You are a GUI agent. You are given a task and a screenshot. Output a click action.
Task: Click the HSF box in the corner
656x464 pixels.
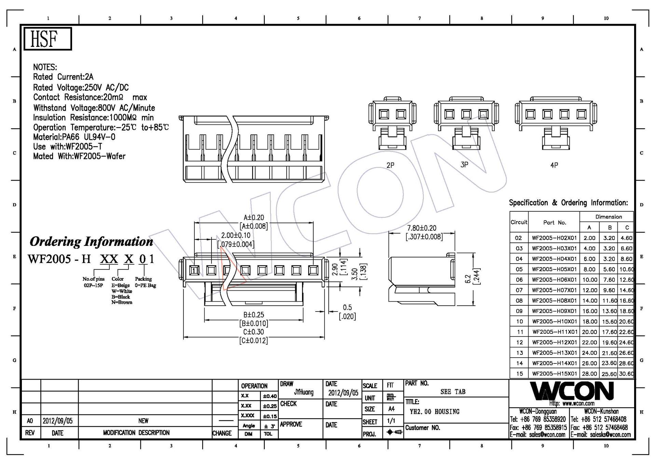point(47,39)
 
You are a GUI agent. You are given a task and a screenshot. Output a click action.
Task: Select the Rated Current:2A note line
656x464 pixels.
point(63,77)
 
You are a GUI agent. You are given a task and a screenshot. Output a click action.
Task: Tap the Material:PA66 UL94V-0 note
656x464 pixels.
point(74,137)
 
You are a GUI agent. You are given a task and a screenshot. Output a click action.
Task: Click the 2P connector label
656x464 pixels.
point(390,165)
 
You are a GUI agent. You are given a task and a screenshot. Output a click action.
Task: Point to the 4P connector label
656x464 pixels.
point(554,165)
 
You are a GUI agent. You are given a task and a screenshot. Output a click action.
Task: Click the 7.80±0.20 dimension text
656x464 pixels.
point(422,228)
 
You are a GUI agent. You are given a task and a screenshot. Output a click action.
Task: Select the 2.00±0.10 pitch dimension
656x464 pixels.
point(235,236)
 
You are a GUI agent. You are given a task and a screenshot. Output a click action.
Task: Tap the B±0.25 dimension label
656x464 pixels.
point(254,315)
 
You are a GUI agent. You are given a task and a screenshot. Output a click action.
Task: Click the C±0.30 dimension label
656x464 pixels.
point(254,332)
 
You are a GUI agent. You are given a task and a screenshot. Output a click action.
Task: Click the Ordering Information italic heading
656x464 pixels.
point(91,242)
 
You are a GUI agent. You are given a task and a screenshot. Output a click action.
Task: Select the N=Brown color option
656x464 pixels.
point(122,303)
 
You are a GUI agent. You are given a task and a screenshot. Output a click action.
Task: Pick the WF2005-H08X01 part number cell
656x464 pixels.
point(554,301)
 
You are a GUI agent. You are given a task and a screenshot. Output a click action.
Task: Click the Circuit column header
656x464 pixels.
point(519,222)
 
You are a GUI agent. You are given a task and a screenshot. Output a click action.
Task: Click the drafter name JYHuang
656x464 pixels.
point(303,392)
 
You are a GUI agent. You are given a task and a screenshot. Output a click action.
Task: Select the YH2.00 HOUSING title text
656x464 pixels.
point(434,412)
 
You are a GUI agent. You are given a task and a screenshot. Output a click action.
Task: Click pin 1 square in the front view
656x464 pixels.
point(194,271)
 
